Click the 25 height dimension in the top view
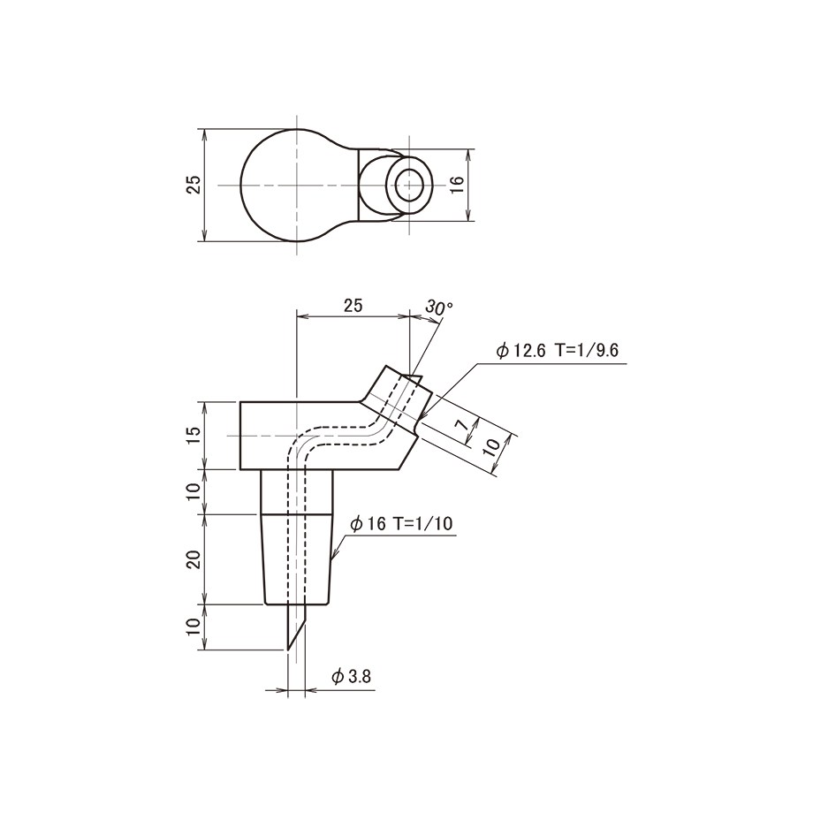(x=194, y=185)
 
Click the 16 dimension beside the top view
(x=456, y=185)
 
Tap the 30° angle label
(x=438, y=308)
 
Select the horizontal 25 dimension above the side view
(x=353, y=306)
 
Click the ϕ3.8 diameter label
(x=351, y=677)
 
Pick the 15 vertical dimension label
(x=194, y=436)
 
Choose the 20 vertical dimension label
(x=194, y=559)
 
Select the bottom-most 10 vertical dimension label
(x=194, y=628)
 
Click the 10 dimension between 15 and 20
(x=194, y=491)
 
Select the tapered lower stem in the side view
(x=300, y=559)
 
